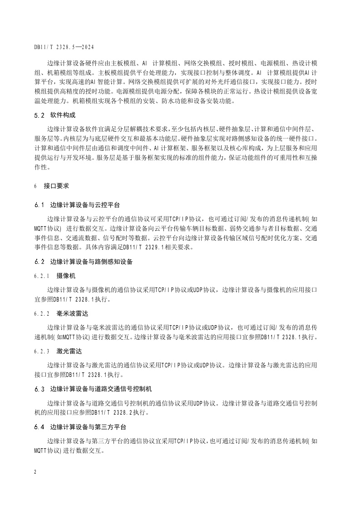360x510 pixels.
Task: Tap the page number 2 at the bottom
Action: pyautogui.click(x=35, y=472)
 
